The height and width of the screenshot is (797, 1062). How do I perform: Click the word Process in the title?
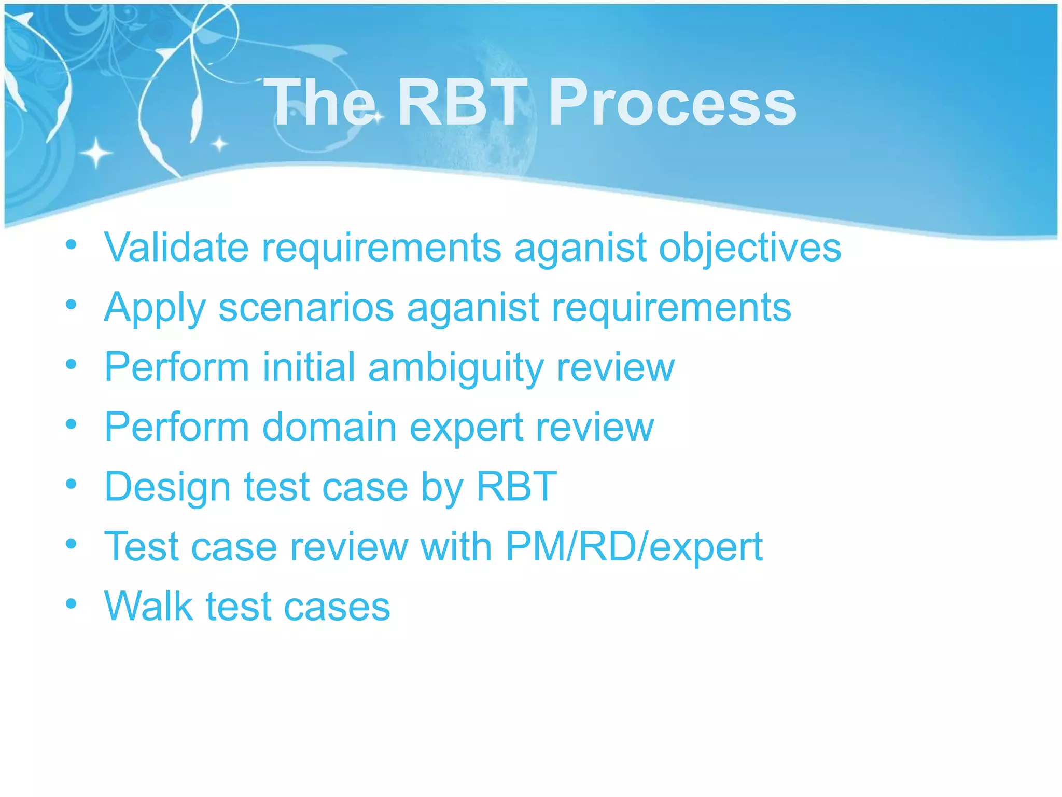(672, 102)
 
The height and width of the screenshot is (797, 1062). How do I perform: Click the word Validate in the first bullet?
(176, 247)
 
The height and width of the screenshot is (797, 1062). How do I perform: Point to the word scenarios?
(306, 307)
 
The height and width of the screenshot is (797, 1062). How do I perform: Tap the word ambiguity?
(456, 367)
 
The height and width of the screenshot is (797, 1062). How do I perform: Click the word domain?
(329, 427)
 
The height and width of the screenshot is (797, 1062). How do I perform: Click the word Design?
(167, 487)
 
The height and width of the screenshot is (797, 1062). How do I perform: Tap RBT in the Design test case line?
(516, 486)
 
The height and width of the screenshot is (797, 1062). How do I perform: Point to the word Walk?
(148, 606)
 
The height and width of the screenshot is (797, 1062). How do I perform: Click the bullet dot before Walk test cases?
(72, 603)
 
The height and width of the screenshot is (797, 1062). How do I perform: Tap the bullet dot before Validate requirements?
(72, 244)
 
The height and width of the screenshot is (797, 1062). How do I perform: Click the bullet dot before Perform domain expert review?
(72, 424)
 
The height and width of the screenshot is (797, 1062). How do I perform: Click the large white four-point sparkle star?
(96, 153)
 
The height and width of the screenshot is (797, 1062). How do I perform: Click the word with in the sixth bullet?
(456, 546)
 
